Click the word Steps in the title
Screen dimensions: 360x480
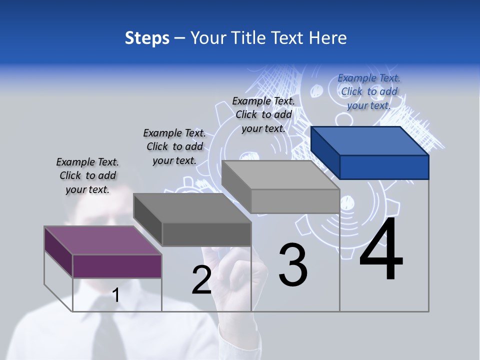click(x=147, y=38)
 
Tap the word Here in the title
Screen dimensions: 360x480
click(x=326, y=38)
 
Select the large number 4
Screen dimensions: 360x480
click(x=381, y=250)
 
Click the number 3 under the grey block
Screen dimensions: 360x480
click(x=293, y=265)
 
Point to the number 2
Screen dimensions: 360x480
click(x=201, y=280)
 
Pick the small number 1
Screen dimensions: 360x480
click(x=115, y=295)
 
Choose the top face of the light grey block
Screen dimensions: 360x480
click(x=280, y=174)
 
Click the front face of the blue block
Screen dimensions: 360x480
click(x=384, y=167)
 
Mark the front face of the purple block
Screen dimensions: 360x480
click(x=117, y=266)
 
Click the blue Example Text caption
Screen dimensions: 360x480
click(x=369, y=91)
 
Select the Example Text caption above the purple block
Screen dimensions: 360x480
click(x=87, y=175)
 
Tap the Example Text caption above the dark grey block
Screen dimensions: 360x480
click(x=174, y=146)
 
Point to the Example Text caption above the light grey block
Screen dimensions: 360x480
click(x=263, y=114)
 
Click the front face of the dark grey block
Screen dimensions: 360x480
click(x=206, y=234)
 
